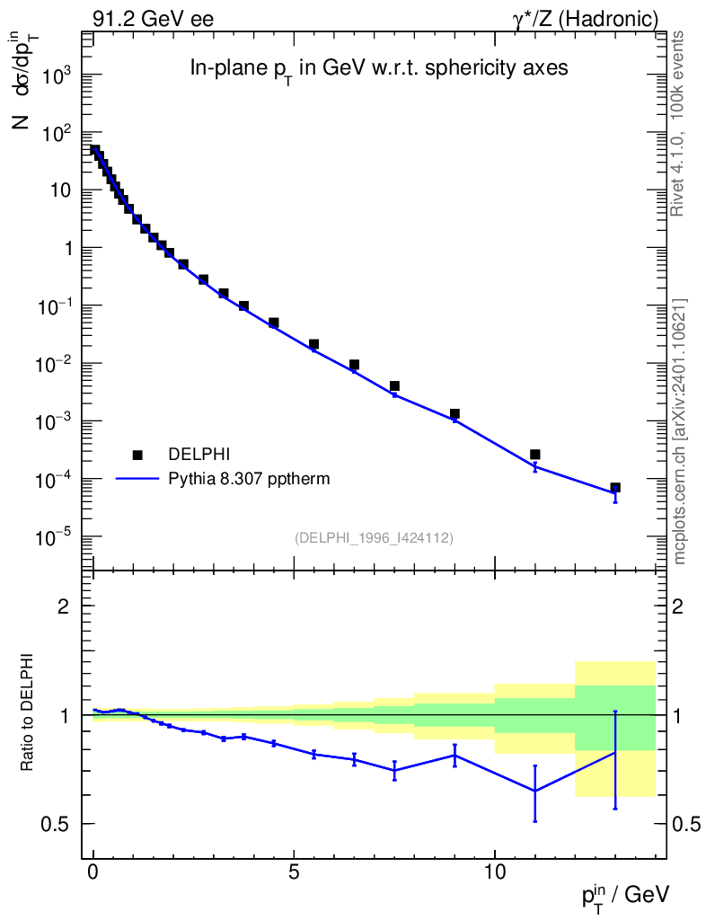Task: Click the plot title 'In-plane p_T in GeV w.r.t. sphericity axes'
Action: tap(378, 69)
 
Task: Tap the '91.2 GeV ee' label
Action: tap(153, 19)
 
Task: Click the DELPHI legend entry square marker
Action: tap(137, 455)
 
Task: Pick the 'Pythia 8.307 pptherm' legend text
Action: tap(249, 479)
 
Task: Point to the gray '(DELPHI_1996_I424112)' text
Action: tap(373, 538)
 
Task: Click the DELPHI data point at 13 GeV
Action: tap(615, 488)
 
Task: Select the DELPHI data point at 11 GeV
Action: tap(535, 455)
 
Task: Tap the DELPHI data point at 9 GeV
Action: tap(454, 414)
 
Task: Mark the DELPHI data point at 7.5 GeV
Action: tap(394, 386)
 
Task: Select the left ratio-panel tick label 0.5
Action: tap(56, 824)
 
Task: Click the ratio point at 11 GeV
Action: tap(535, 791)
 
